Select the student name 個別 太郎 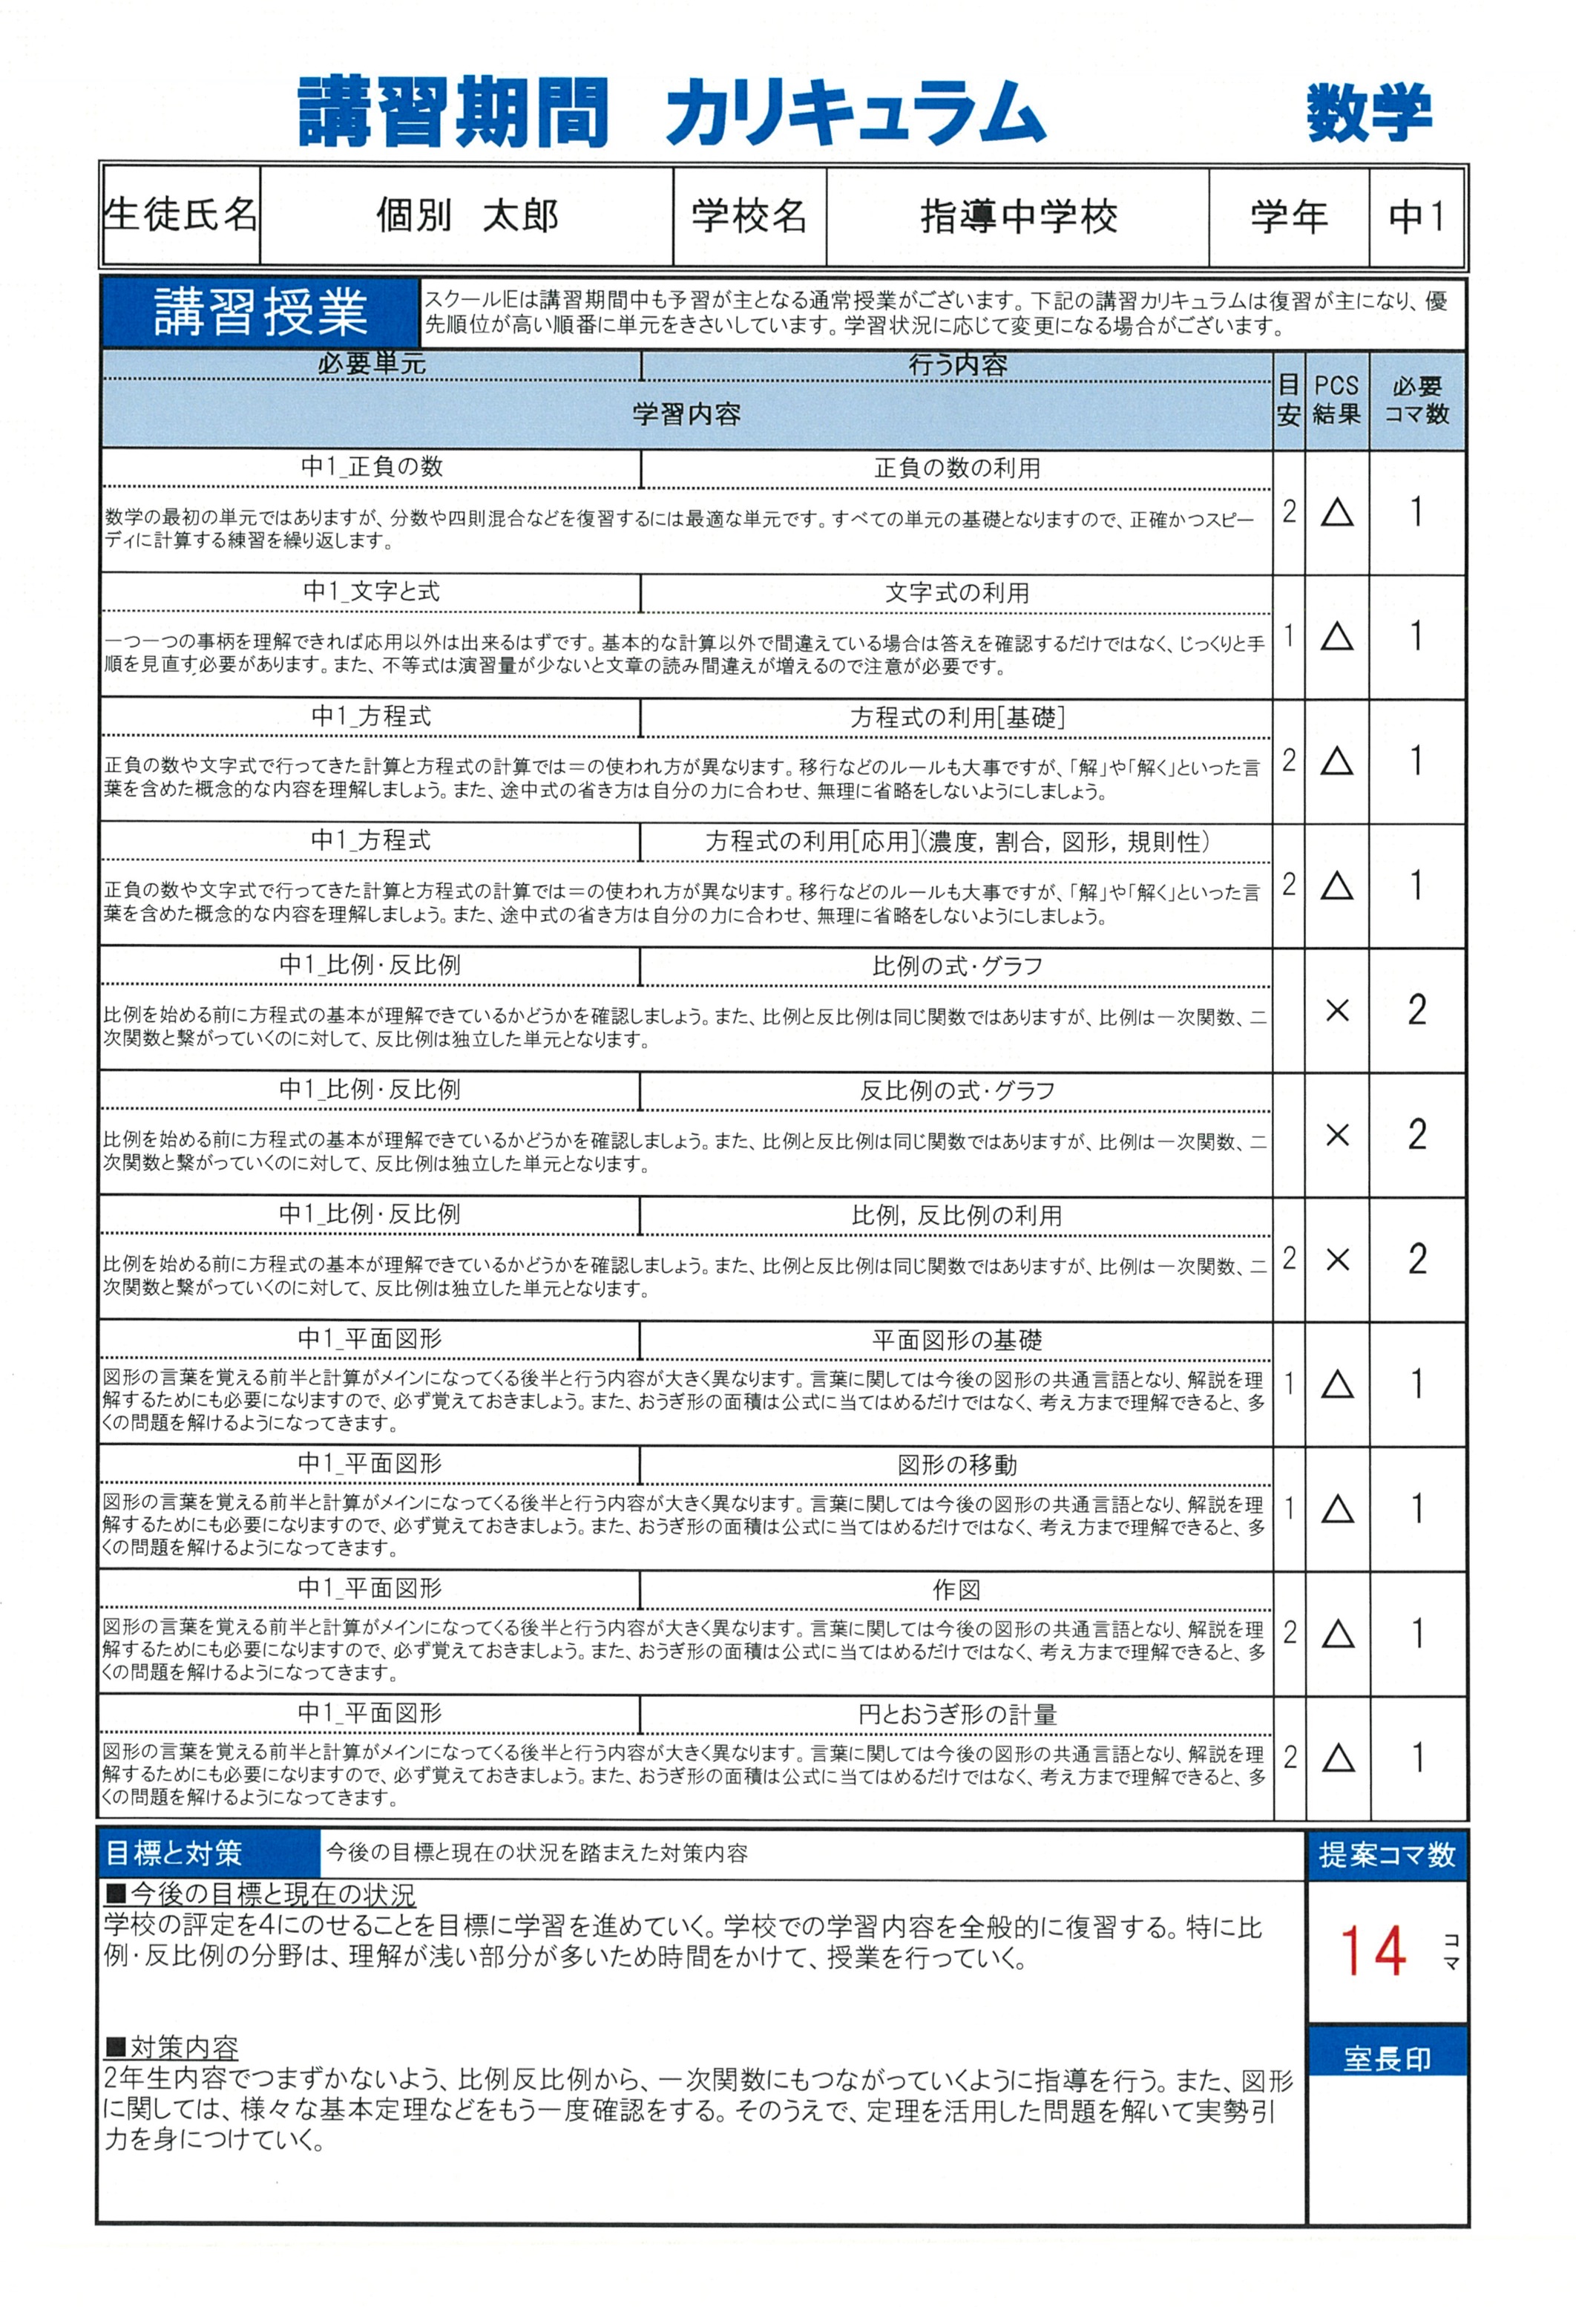[x=467, y=215]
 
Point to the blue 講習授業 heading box [x=260, y=312]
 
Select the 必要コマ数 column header [x=1416, y=400]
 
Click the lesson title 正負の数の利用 [x=956, y=468]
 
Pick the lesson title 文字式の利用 [x=956, y=592]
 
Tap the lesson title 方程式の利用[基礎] [x=956, y=717]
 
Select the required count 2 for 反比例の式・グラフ [x=1416, y=1135]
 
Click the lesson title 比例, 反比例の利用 [x=956, y=1215]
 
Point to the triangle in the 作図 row [x=1338, y=1634]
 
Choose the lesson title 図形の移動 [x=956, y=1465]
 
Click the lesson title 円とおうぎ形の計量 [x=956, y=1715]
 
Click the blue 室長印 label [x=1387, y=2059]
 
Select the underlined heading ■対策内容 [x=171, y=2047]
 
